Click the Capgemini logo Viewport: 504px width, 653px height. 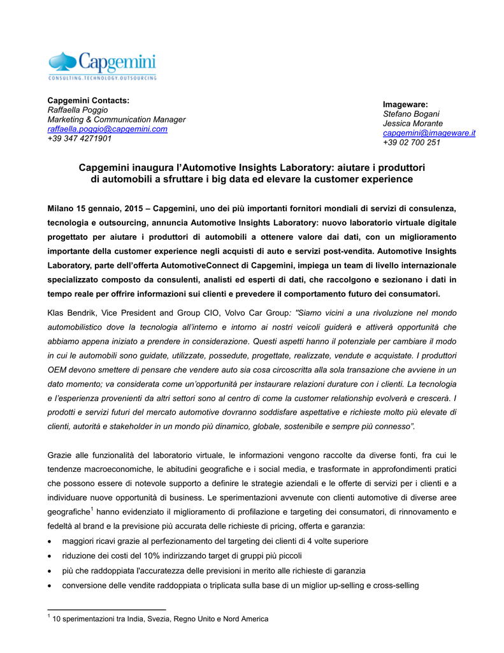pyautogui.click(x=102, y=62)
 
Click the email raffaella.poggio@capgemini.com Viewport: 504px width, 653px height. pyautogui.click(x=108, y=129)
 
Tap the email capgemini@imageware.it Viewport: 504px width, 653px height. pyautogui.click(x=429, y=133)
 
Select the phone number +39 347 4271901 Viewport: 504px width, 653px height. pyautogui.click(x=80, y=138)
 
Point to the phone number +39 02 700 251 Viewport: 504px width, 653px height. pyautogui.click(x=412, y=142)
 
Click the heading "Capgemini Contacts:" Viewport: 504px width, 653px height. pyautogui.click(x=89, y=100)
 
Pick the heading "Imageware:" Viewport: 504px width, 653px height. pyautogui.click(x=405, y=104)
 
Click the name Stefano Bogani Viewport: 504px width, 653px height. pyautogui.click(x=411, y=114)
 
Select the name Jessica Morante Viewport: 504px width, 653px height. pyautogui.click(x=413, y=123)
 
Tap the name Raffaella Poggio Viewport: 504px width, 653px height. pyautogui.click(x=78, y=110)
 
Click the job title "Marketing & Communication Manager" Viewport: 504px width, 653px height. pyautogui.click(x=117, y=119)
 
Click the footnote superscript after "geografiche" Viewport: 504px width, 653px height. pyautogui.click(x=92, y=508)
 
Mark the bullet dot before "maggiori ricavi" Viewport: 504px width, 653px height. pyautogui.click(x=51, y=541)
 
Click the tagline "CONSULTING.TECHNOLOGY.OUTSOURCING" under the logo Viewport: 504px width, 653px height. pyautogui.click(x=102, y=78)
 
